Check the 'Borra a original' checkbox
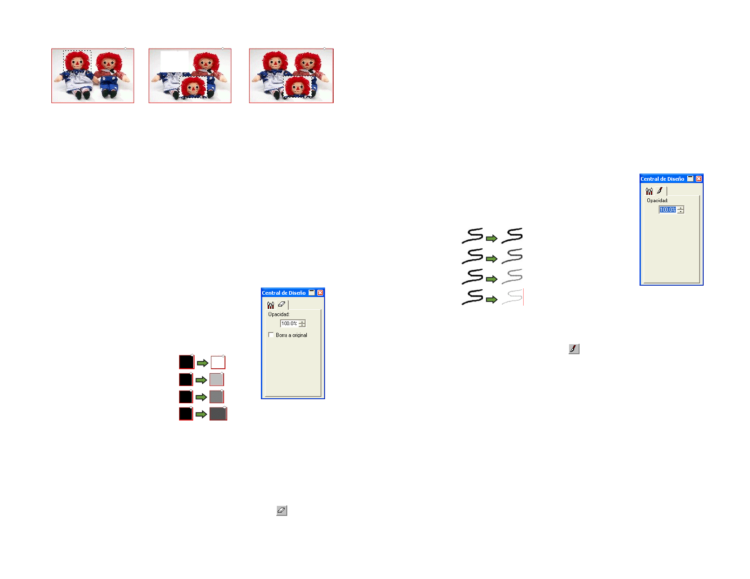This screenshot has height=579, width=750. coord(271,335)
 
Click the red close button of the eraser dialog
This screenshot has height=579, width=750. coord(320,293)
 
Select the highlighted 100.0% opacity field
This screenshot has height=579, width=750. coord(668,210)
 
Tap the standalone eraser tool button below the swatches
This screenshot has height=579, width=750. coord(282,510)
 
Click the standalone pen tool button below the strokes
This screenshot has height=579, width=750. coord(574,349)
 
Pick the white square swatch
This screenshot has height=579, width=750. coord(218,362)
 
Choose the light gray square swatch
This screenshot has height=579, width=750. coord(217,380)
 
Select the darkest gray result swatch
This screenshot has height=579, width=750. coord(218,414)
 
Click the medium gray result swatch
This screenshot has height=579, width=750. coord(217,396)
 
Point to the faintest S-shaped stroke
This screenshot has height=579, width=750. coord(512,297)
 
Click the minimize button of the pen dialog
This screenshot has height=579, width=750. coord(690,178)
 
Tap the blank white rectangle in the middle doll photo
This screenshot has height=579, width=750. coord(175,61)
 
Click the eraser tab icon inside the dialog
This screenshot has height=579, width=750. coord(282,305)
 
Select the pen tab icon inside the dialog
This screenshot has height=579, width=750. coord(660,191)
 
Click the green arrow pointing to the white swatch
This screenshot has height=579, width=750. coord(203,363)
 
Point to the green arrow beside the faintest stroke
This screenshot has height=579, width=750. coord(491,299)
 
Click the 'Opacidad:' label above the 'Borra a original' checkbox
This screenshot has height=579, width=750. coord(279,315)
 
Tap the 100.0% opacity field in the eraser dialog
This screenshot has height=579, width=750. coord(289,323)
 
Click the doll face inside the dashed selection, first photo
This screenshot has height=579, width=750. coord(77,62)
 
